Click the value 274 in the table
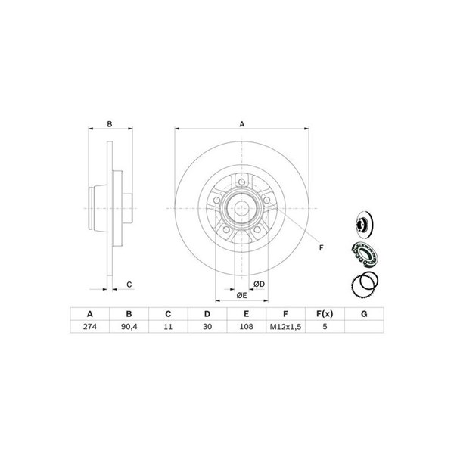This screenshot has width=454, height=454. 90,327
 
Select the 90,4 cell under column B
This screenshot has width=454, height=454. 129,327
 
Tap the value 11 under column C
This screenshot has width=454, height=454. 168,327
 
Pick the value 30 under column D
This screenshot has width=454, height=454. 207,327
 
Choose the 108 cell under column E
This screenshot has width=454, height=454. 247,327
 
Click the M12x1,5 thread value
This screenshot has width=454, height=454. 285,327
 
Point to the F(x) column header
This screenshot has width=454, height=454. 325,314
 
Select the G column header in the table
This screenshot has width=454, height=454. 364,314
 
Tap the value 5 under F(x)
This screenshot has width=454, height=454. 325,327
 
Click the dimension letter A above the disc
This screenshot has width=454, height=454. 242,124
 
